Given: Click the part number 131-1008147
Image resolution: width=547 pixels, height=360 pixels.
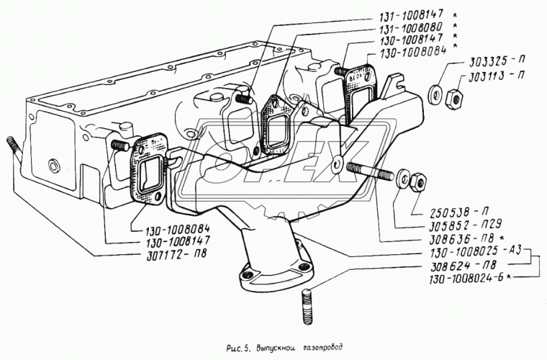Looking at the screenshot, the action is coord(412,15).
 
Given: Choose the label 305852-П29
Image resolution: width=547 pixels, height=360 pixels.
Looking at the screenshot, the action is coord(463,225).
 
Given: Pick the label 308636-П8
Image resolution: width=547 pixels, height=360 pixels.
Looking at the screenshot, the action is coord(461,238).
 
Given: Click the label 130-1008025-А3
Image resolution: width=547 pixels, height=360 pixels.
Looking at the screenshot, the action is coord(476,252).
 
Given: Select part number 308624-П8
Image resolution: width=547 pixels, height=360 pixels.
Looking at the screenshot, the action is coord(463,266).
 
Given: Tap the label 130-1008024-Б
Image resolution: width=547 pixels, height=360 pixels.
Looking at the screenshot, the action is coord(466,279).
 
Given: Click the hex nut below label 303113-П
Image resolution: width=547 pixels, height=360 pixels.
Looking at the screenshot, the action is coord(454,99).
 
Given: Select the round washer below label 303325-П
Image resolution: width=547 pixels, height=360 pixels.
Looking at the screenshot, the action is coord(435,93).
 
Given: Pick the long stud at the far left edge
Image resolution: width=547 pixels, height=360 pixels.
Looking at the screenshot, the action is coord(13,148).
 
